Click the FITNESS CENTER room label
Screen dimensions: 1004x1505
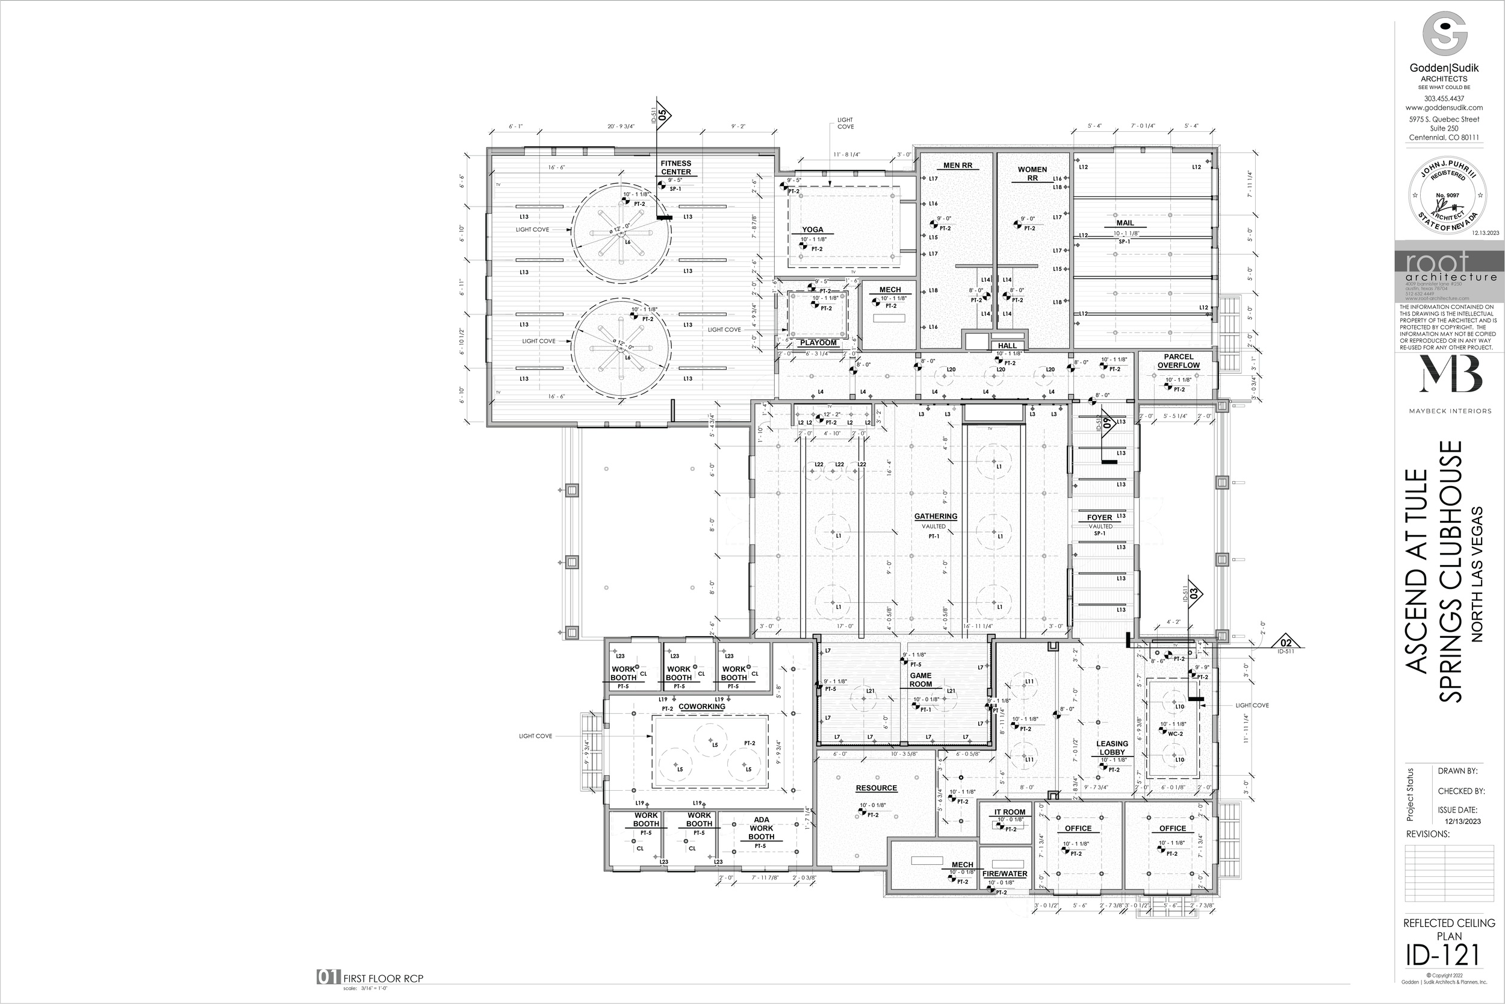pos(675,168)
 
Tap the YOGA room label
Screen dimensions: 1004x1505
pos(813,230)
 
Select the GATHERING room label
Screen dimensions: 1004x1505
pos(936,516)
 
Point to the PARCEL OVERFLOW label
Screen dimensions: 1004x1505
pos(1178,361)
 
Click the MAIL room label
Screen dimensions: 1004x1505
pos(1125,223)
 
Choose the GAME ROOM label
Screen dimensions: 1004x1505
pos(921,679)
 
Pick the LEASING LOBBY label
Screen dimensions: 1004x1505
pos(1112,748)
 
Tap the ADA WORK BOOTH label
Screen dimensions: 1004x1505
pos(762,828)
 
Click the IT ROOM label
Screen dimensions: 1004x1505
pos(1010,812)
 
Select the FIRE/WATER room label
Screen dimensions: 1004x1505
pos(1005,873)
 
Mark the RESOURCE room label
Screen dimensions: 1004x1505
pos(877,788)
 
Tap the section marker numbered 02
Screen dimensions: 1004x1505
pos(1286,643)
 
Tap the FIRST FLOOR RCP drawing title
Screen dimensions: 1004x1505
pos(383,978)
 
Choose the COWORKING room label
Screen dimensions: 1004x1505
pos(701,707)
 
